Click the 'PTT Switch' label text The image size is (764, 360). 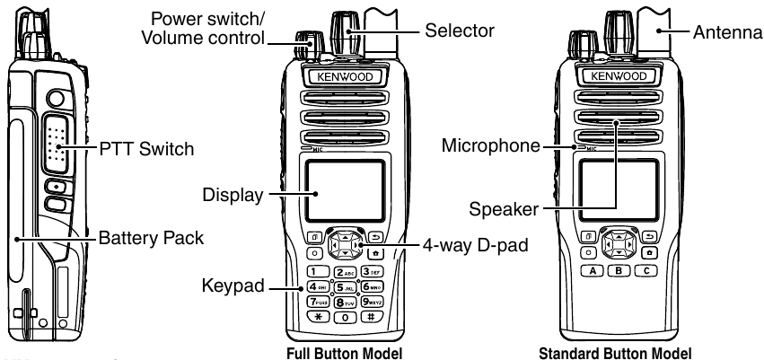pyautogui.click(x=145, y=148)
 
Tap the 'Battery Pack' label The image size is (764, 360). pyautogui.click(x=149, y=239)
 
